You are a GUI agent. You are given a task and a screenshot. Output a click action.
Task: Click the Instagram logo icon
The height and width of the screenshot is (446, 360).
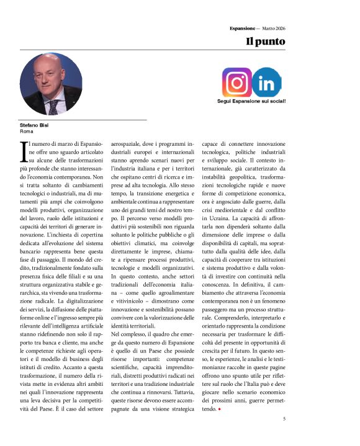point(237,82)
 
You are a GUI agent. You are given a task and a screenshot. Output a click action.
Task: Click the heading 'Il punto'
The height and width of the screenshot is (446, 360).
point(265,42)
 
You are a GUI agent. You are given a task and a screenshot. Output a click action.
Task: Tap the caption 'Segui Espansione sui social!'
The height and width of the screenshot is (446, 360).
point(251,100)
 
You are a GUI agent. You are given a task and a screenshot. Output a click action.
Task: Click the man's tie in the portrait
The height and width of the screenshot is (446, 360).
point(55,105)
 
